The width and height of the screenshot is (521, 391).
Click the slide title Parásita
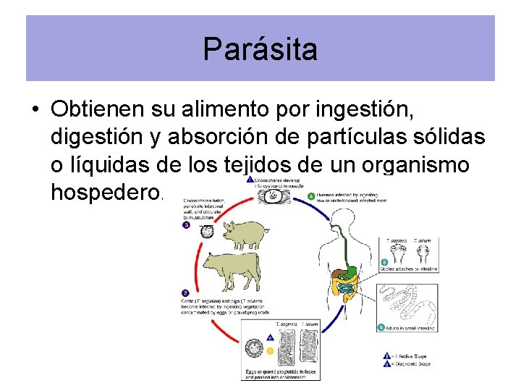(260, 49)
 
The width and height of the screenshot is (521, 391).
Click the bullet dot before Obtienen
(35, 110)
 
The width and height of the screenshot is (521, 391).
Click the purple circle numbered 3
(186, 224)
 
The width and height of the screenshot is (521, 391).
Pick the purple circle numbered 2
(185, 293)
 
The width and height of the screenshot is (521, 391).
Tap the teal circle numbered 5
(384, 262)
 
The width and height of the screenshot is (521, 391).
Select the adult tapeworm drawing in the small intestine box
(407, 304)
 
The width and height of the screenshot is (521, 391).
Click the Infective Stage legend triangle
(387, 356)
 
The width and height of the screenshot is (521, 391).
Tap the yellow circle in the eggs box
(271, 350)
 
